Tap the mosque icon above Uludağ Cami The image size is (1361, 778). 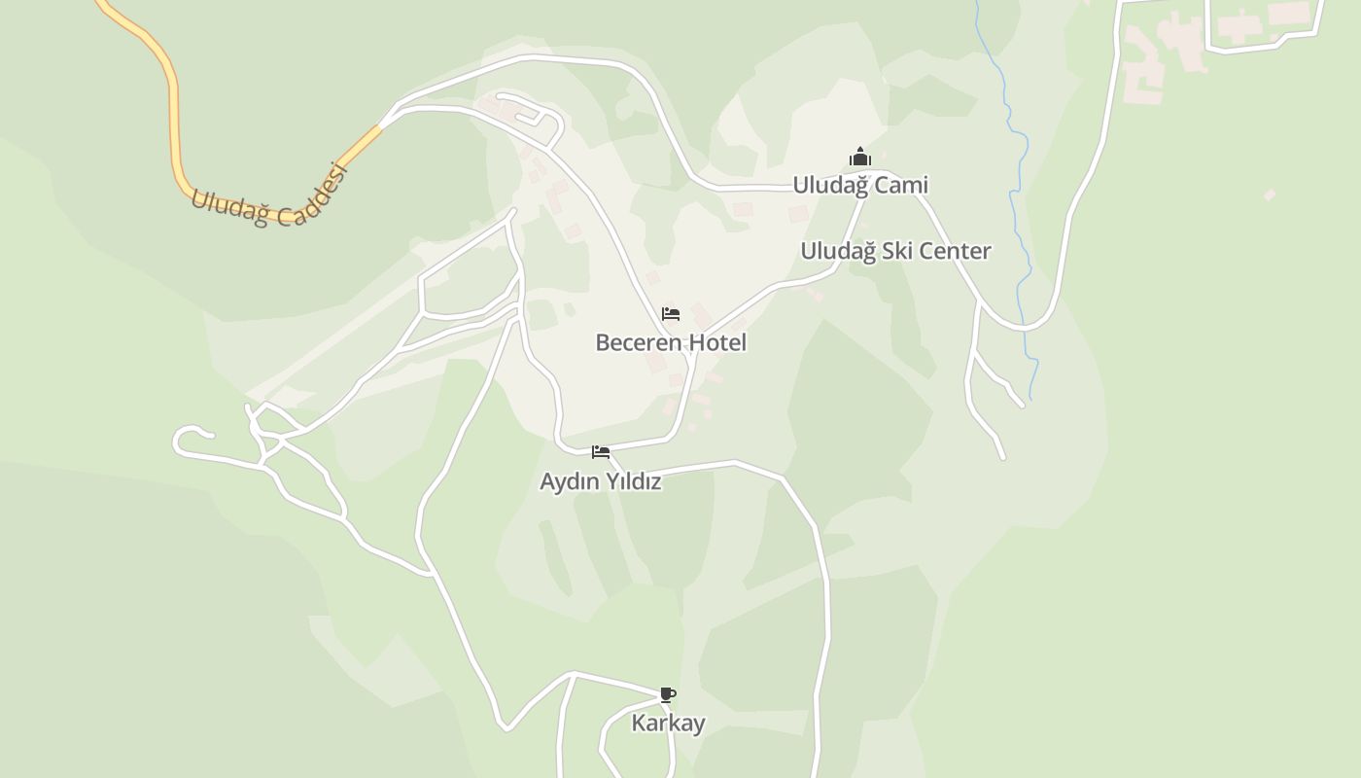[x=860, y=158]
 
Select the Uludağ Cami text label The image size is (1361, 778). [x=860, y=185]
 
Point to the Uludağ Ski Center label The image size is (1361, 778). [x=895, y=251]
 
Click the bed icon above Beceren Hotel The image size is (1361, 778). [x=671, y=314]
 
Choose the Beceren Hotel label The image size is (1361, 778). [x=671, y=342]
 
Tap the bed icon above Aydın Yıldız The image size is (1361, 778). [x=601, y=452]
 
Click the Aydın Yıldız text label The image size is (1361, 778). [x=601, y=481]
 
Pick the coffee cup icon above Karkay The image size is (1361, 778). [x=667, y=694]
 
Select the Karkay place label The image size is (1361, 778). [x=668, y=723]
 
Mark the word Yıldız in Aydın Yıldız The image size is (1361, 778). [x=634, y=481]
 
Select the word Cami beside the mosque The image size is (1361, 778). [x=905, y=185]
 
